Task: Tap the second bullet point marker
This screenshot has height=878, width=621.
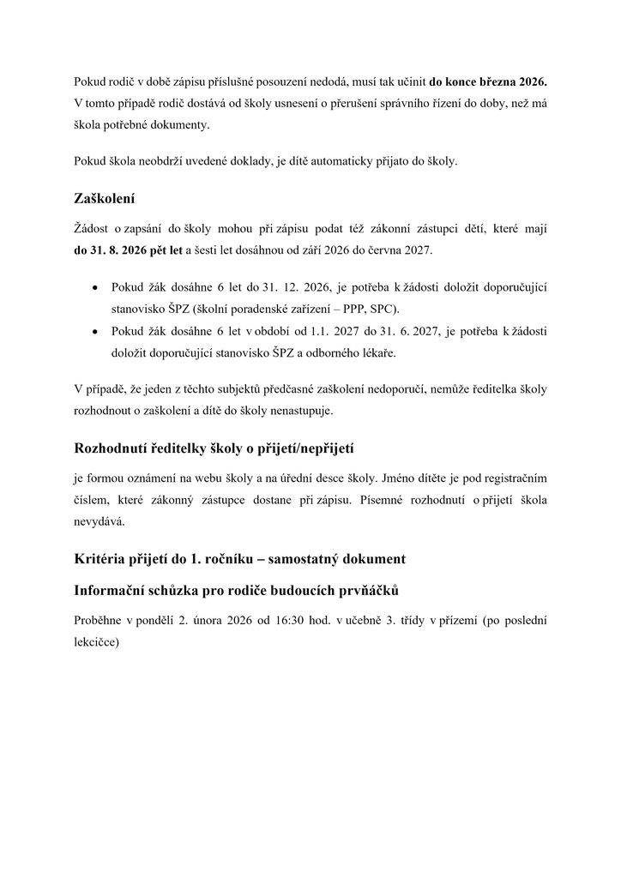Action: pyautogui.click(x=93, y=330)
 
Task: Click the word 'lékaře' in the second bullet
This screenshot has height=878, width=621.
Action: pyautogui.click(x=353, y=352)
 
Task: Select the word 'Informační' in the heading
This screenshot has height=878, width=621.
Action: pyautogui.click(x=113, y=592)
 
